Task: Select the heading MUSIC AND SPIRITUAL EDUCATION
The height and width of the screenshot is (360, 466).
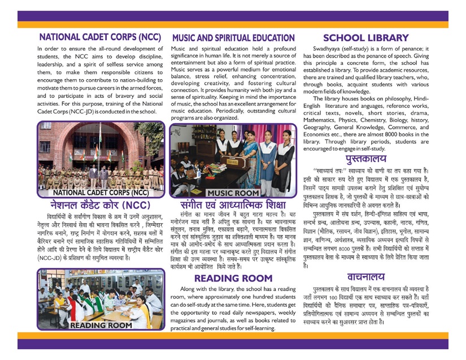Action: pos(233,38)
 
